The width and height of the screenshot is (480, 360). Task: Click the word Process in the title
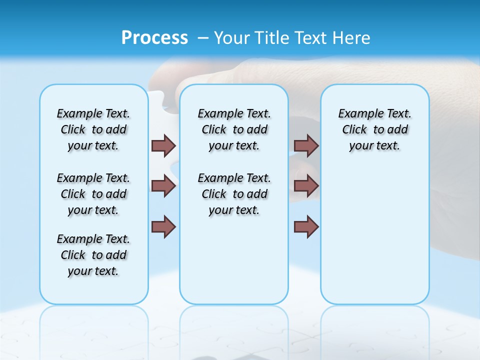[154, 38]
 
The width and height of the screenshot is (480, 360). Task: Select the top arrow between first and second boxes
[163, 145]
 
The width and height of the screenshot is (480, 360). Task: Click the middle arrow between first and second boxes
[163, 186]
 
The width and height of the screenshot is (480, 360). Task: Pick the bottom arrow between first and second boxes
[163, 226]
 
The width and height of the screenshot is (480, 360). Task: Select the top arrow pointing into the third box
[306, 145]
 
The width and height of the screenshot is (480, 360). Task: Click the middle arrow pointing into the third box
[306, 186]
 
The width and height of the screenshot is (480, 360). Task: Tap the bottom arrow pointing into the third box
[306, 226]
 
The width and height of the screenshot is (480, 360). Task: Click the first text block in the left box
[93, 129]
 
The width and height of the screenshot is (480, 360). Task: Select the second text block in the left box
[93, 194]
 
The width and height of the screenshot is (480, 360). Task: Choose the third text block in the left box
[93, 255]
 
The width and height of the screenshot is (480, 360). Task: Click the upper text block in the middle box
[234, 129]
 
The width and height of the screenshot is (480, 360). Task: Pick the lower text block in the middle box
[234, 194]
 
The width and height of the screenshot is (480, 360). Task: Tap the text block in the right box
[374, 129]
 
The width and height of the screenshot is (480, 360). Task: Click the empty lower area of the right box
[374, 235]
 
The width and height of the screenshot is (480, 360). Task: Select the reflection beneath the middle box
[234, 325]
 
